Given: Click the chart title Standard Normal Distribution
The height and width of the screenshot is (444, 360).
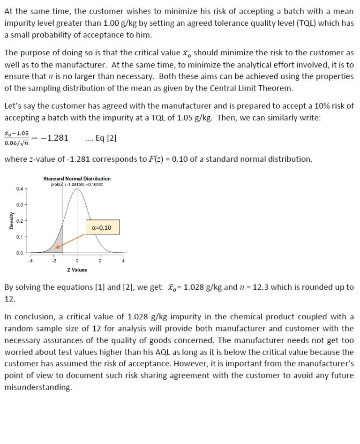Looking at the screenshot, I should [x=77, y=179].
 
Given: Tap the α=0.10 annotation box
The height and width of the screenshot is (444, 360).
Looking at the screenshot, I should [x=102, y=227].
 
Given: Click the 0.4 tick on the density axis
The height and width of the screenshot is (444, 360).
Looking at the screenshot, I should [x=19, y=189].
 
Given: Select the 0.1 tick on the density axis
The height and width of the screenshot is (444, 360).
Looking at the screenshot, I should [x=19, y=237].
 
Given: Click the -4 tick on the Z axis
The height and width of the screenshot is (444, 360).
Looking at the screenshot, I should [x=31, y=261].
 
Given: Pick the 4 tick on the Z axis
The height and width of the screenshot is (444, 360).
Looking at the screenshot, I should [x=123, y=261].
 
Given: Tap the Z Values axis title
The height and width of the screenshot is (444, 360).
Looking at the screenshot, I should [x=77, y=270].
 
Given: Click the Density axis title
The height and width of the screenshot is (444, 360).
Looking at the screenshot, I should [x=10, y=220].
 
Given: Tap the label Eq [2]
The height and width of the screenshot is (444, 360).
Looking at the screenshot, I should [x=105, y=138].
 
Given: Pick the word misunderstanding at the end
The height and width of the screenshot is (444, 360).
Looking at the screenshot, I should [x=38, y=387].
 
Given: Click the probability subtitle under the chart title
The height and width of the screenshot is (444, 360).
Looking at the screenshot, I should [x=77, y=184].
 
